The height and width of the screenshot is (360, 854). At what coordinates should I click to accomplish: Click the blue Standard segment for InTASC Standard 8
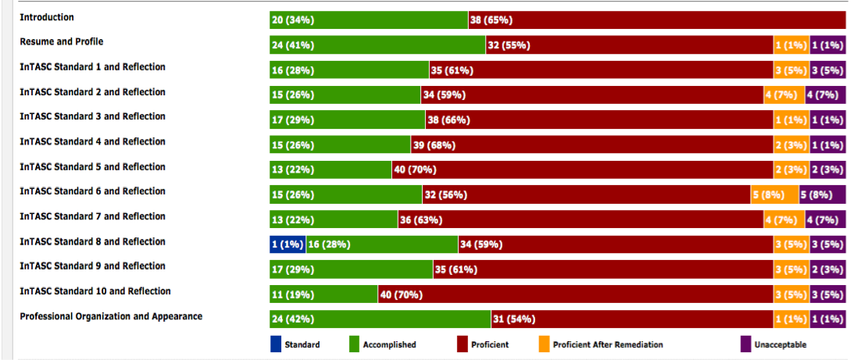coord(287,244)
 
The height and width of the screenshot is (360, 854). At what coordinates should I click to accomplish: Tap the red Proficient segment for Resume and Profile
coord(629,45)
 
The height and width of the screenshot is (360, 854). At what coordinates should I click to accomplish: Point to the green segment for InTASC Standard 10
coord(323,294)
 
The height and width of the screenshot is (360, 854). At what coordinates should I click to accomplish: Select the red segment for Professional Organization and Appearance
coord(631,319)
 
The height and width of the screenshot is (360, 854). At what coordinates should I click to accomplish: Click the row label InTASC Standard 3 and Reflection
coord(92,116)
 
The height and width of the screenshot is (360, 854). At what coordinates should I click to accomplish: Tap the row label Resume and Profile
coord(61,41)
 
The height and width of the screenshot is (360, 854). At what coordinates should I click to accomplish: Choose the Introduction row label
coord(47,16)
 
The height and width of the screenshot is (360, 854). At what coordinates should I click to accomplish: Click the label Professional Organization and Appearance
coord(111,316)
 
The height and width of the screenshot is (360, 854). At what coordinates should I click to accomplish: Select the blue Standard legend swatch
coord(275,344)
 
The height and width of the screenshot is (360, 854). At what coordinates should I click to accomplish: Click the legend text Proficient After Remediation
coord(607,344)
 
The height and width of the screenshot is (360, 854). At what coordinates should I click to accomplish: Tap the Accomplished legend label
coord(389,344)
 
